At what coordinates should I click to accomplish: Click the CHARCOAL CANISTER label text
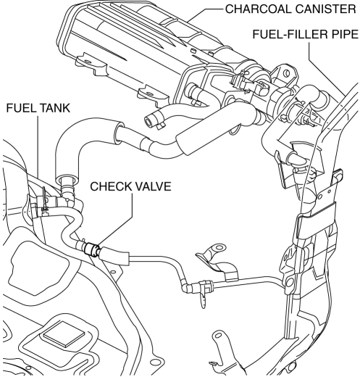tap(290, 9)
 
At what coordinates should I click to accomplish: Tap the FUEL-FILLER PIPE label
tap(306, 34)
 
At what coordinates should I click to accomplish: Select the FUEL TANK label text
tap(38, 108)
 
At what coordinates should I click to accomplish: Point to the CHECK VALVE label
tap(130, 186)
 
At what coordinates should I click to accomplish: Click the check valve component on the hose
tap(92, 249)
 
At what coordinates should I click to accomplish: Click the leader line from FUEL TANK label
tap(38, 147)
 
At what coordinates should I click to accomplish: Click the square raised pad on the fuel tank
tap(64, 333)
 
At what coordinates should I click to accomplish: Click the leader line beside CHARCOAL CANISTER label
tap(205, 14)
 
